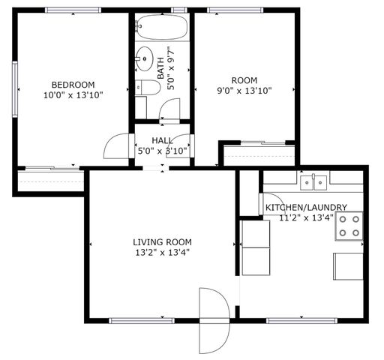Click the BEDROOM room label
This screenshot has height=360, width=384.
pos(73,84)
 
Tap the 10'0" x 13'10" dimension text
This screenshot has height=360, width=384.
pos(73,95)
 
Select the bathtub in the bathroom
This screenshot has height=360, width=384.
pos(160,29)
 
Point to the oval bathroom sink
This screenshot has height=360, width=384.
pos(143,57)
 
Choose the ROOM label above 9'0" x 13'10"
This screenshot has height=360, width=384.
pos(244,80)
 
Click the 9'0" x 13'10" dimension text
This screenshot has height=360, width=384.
pos(244,91)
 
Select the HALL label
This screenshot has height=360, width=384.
pos(162,140)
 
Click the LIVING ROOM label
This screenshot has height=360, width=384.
pos(162,241)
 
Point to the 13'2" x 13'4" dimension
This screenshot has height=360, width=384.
pos(162,253)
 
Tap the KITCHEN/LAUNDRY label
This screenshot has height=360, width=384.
pos(306,207)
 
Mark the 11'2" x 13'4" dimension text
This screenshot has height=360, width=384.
pos(306,218)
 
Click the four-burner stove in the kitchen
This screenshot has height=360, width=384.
pos(348,225)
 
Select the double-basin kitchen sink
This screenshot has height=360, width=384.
pos(313,181)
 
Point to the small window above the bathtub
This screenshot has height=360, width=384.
pos(178,10)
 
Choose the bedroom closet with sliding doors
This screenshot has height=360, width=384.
pos(49,181)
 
